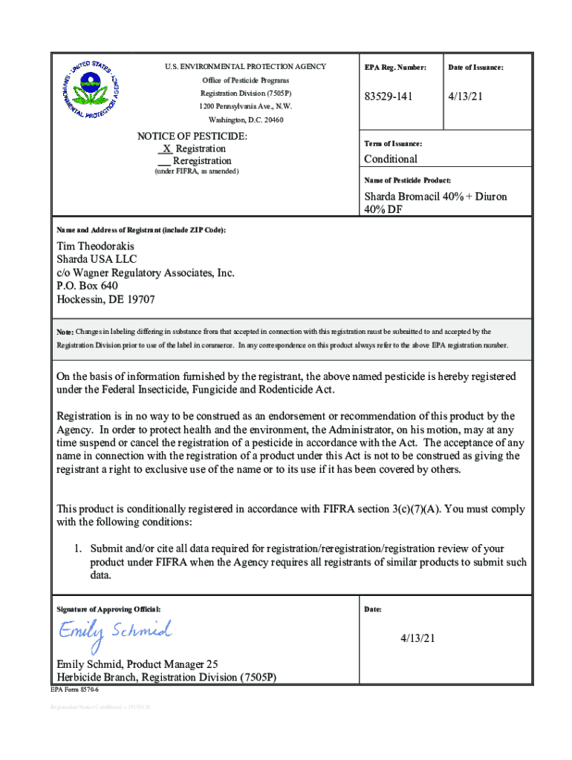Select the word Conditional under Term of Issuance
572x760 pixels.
pos(390,159)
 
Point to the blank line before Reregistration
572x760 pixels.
pos(164,161)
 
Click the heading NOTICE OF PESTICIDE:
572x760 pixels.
pos(192,137)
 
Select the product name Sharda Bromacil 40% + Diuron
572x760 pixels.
pos(435,197)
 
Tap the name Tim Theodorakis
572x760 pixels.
pos(97,246)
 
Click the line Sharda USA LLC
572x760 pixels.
pos(97,260)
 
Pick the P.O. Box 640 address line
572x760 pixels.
pos(87,286)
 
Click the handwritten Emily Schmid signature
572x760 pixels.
pos(115,632)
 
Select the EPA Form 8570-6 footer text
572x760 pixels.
pos(74,690)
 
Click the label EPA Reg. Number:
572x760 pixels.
pos(395,68)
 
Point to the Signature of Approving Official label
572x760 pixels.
pos(108,609)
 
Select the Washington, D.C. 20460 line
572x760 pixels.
pos(245,120)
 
